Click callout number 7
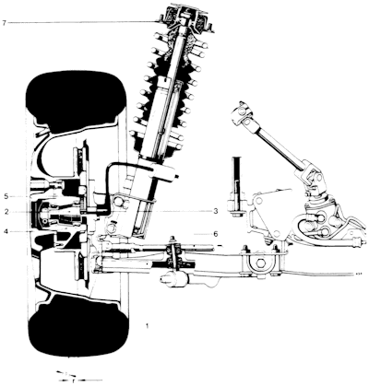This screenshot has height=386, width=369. point(4,23)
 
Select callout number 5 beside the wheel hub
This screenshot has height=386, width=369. point(6,196)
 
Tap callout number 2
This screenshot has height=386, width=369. point(6,211)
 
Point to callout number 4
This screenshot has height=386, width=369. point(6,232)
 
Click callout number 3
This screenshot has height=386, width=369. point(216,211)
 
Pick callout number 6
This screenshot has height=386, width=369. point(216,234)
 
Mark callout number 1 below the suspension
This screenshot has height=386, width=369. point(148,326)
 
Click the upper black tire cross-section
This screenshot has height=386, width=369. point(76,100)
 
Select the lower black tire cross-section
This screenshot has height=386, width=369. point(78,326)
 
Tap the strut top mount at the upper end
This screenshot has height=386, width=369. point(185,18)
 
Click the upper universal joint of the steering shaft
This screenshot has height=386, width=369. point(243,114)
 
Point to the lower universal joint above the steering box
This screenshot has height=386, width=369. point(311,181)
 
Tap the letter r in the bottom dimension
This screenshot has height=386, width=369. point(73,380)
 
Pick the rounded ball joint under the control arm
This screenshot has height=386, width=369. point(173,279)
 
